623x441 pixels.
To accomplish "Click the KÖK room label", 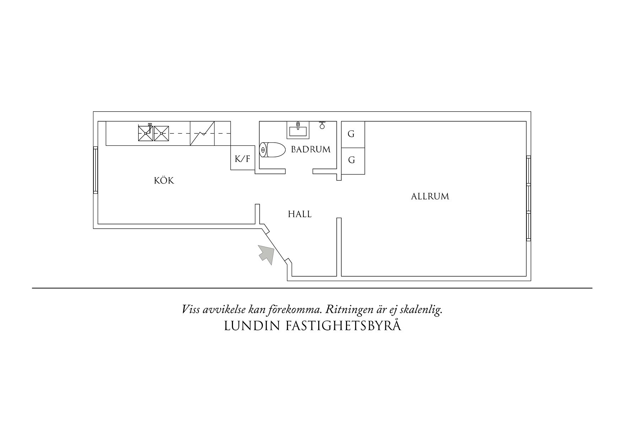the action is pos(164,180).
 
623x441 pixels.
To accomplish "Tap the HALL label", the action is pos(300,214).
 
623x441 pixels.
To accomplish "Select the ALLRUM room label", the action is pos(430,196).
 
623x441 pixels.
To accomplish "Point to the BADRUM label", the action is pos(311,149).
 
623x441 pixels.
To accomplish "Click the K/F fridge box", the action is pos(243,158).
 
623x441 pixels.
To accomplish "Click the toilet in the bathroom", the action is pos(273,150).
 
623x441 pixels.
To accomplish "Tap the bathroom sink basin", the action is pos(298,130).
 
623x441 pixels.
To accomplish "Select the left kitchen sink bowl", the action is pos(145,133).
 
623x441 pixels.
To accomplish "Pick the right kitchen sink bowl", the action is pos(161,133).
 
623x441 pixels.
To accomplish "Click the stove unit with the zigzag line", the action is pos(202,133).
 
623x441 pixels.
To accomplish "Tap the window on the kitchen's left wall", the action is pos(95,170).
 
